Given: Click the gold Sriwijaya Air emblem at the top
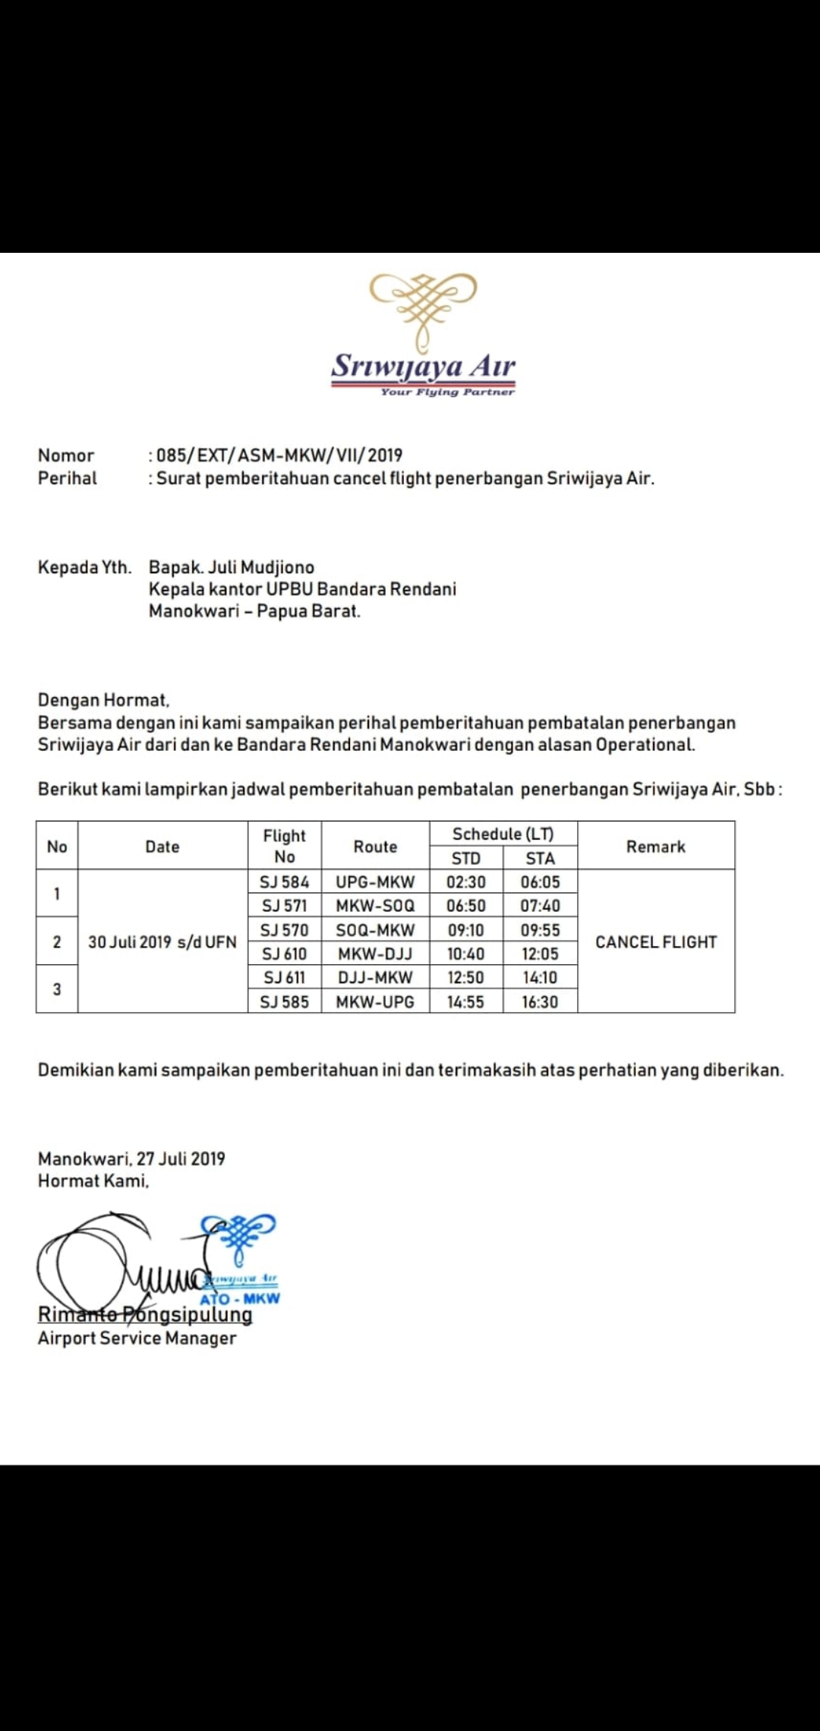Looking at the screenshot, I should click(x=424, y=308).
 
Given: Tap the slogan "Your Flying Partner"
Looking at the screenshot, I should click(x=447, y=392).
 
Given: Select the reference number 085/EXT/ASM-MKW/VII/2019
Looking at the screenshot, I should click(x=279, y=456).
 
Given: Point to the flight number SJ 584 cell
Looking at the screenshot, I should click(x=285, y=882).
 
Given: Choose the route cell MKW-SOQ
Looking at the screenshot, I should click(x=375, y=906).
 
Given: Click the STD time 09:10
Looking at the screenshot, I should click(x=465, y=930).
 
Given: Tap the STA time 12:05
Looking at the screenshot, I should click(x=540, y=954).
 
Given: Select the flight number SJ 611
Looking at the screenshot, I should click(x=285, y=978).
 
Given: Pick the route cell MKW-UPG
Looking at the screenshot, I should click(x=375, y=1002).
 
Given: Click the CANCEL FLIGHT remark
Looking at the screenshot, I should click(x=656, y=942).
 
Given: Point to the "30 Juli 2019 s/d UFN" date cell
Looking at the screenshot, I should click(x=162, y=942).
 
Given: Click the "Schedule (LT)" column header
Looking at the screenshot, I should click(x=503, y=834).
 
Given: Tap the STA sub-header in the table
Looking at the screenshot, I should click(x=540, y=859).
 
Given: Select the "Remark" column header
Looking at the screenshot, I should click(x=656, y=847).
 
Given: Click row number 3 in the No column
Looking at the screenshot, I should click(x=57, y=989).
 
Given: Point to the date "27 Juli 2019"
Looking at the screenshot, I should click(x=181, y=1159).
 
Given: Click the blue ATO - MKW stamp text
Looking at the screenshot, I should click(x=240, y=1298).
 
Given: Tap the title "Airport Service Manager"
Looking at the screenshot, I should click(x=137, y=1338).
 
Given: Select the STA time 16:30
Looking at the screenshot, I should click(x=540, y=1002).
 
